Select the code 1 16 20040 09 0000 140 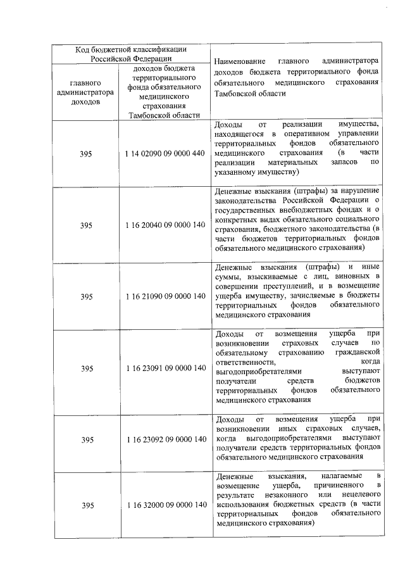165,225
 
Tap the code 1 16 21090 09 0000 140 165,296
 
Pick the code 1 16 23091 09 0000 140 165,368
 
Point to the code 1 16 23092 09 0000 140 165,439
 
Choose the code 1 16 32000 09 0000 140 165,505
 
